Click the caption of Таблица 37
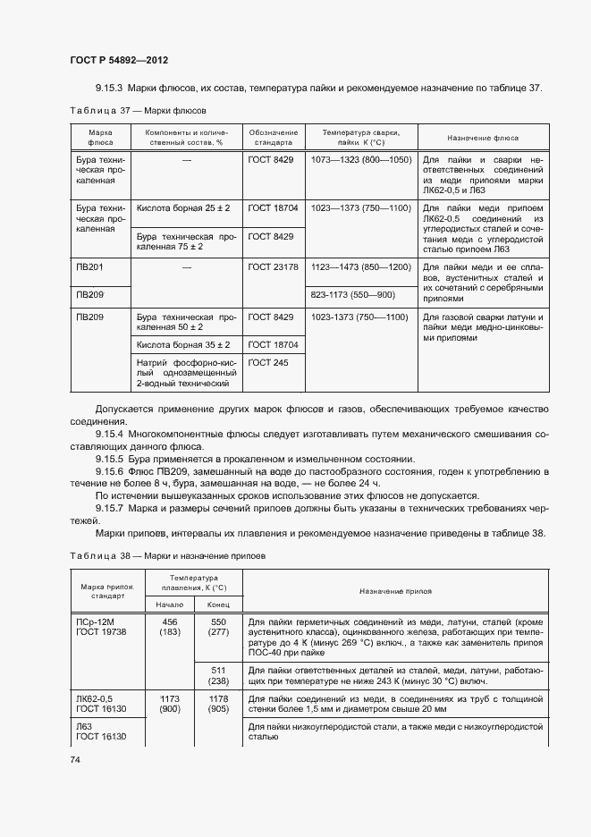pyautogui.click(x=138, y=111)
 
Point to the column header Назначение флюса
pyautogui.click(x=483, y=137)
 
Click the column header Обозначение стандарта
pyautogui.click(x=273, y=137)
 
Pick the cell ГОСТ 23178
pyautogui.click(x=273, y=266)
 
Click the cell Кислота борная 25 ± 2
pyautogui.click(x=182, y=207)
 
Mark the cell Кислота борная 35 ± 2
pyautogui.click(x=182, y=344)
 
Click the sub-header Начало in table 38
pyautogui.click(x=169, y=604)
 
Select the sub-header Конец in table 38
pyautogui.click(x=218, y=604)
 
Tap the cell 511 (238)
pyautogui.click(x=218, y=676)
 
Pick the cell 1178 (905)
pyautogui.click(x=218, y=704)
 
